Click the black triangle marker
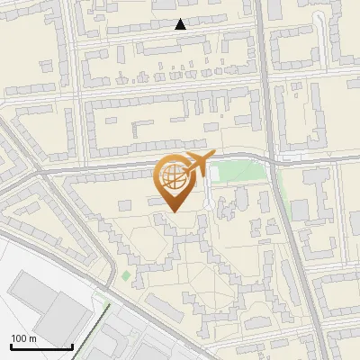click(x=181, y=24)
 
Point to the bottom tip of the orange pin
click(x=174, y=212)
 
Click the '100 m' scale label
click(x=23, y=338)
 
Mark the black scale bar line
click(x=41, y=347)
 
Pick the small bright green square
click(x=126, y=275)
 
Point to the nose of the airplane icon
click(x=214, y=157)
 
